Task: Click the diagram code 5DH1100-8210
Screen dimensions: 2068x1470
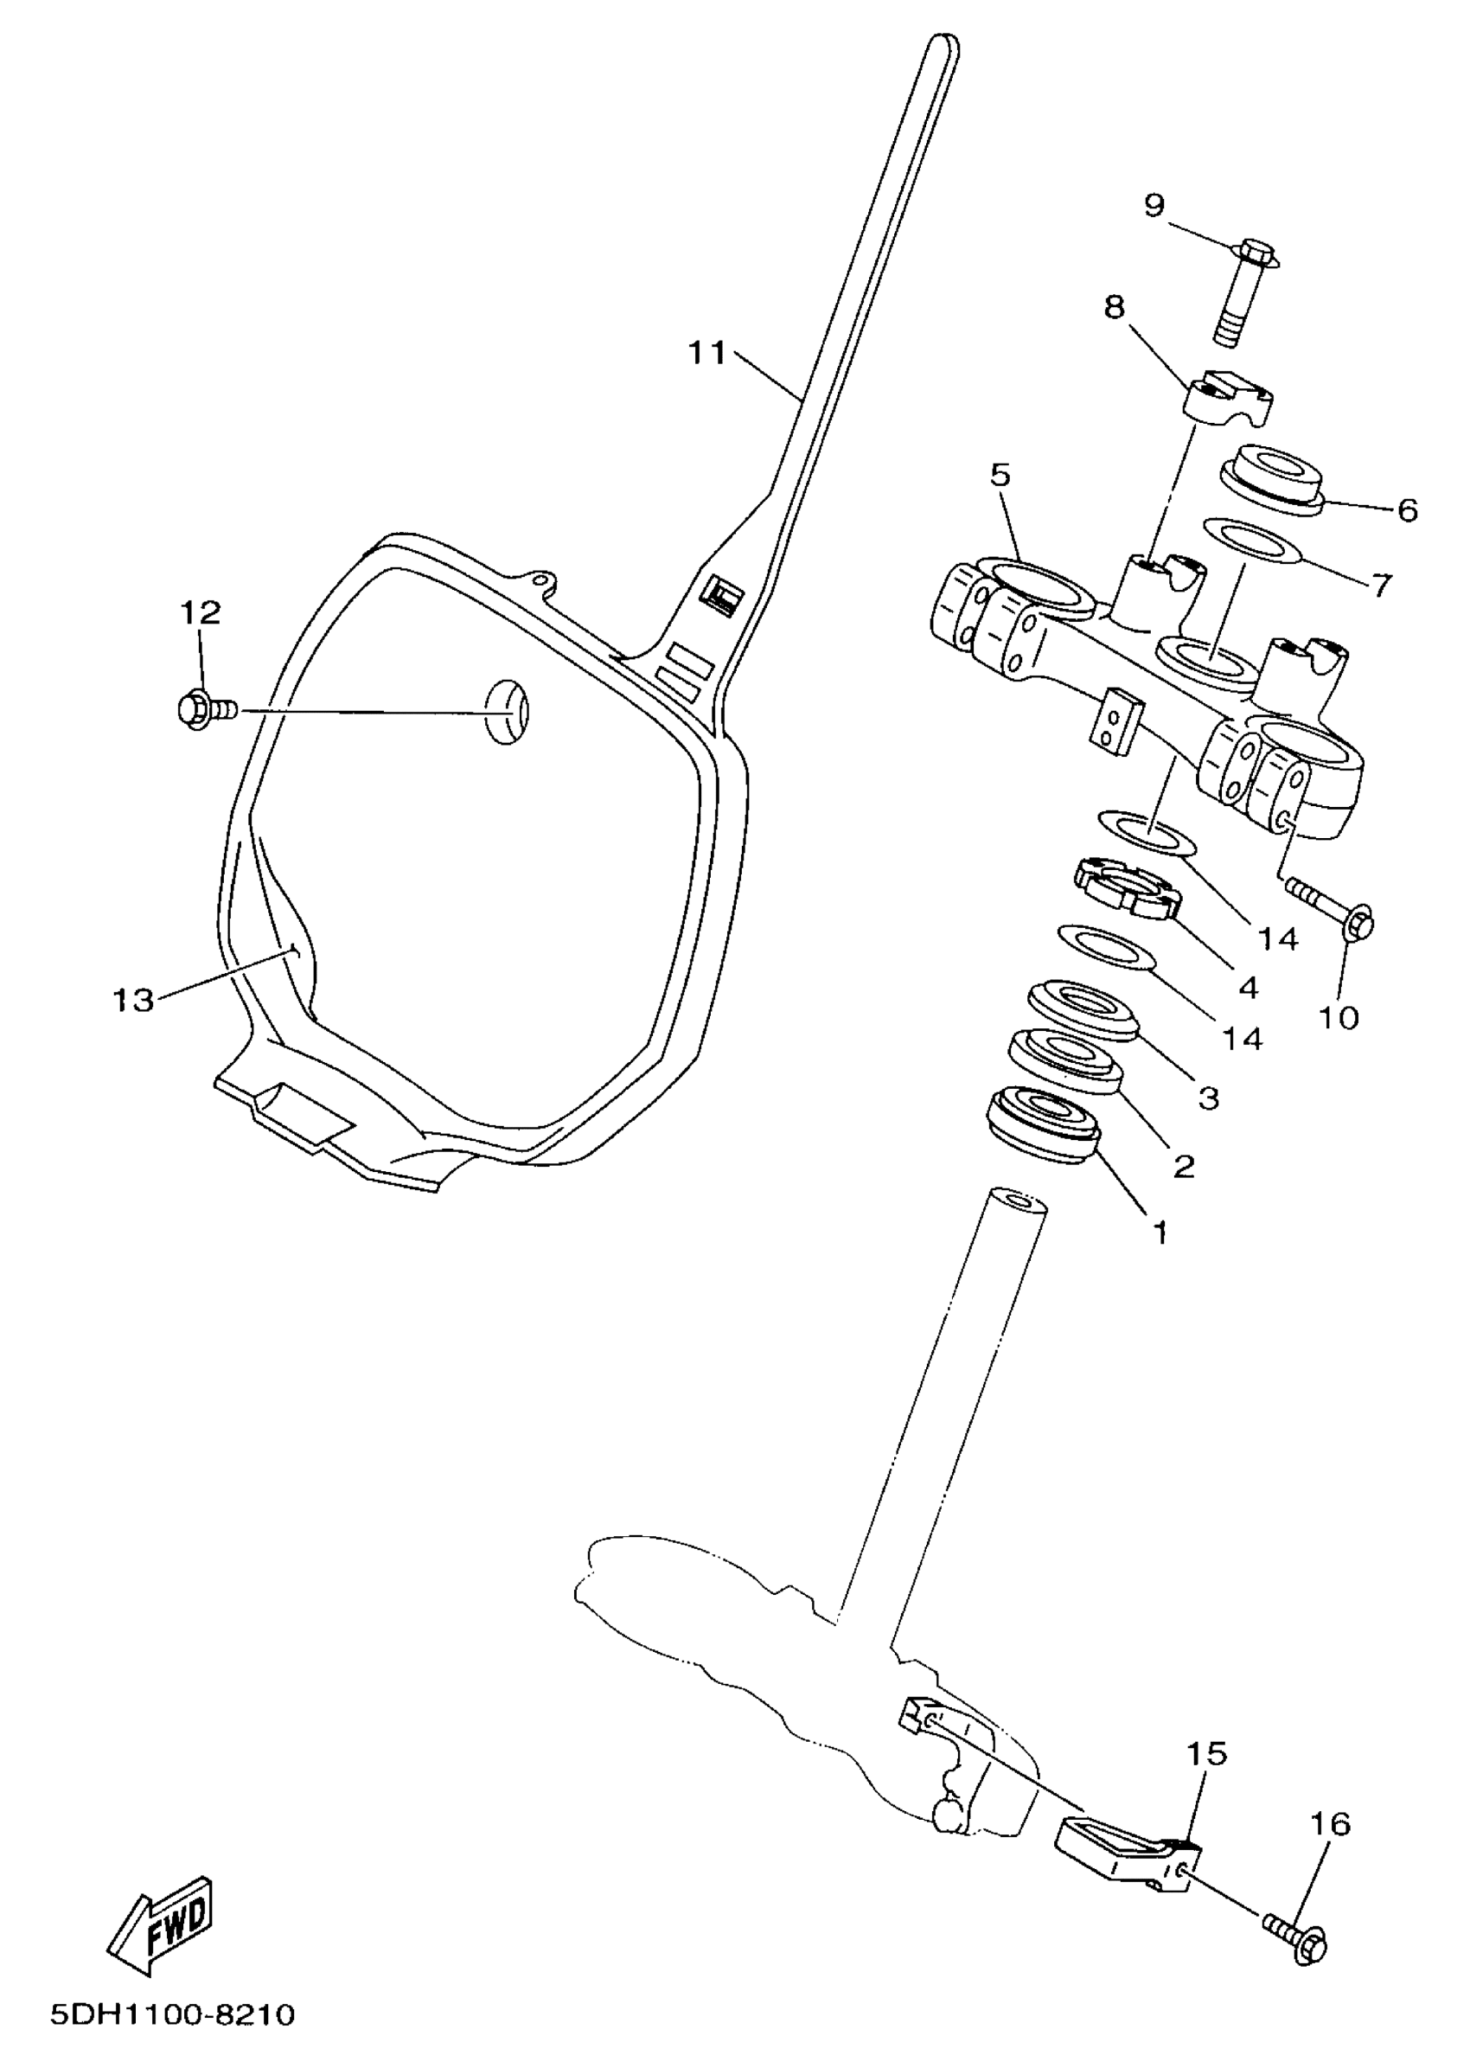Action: pos(173,2014)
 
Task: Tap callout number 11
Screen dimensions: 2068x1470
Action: pos(707,353)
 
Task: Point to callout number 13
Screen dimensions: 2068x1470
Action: pos(133,1001)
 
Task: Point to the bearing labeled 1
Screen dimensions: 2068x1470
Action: pos(1043,1124)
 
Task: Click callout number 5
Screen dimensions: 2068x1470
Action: pos(1000,476)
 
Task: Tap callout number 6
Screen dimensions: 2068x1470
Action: pos(1407,510)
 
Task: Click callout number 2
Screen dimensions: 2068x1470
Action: pos(1184,1166)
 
